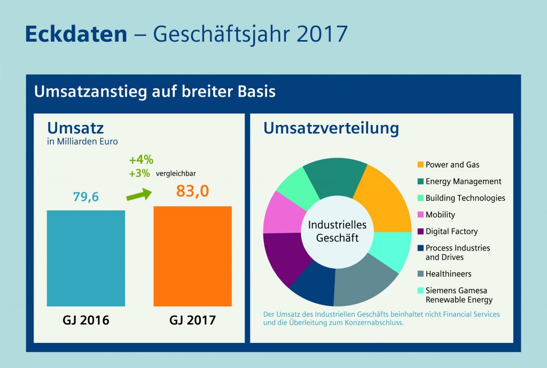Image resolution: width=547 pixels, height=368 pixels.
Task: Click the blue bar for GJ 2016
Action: [86, 258]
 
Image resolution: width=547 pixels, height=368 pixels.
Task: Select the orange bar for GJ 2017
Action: [192, 256]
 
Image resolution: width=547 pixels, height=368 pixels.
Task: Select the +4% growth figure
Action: [141, 159]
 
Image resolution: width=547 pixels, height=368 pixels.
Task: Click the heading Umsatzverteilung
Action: [331, 129]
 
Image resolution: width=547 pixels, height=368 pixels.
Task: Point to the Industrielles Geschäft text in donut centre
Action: [337, 232]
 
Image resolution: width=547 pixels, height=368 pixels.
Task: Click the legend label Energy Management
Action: [463, 182]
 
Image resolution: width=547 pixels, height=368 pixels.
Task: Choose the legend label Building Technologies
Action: [465, 198]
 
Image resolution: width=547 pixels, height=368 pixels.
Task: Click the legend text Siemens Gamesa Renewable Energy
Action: [458, 295]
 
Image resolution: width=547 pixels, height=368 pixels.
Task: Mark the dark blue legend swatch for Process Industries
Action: [420, 248]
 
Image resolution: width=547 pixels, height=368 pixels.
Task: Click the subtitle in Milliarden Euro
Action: [82, 142]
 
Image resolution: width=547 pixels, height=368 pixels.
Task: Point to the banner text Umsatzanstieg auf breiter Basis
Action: [155, 91]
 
